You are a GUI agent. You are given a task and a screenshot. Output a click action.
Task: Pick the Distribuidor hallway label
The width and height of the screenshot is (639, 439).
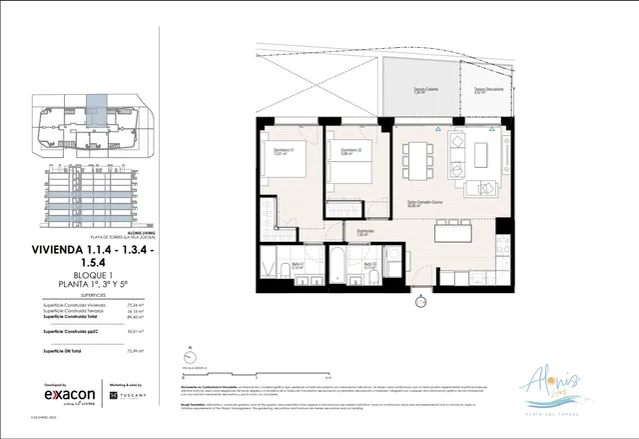pos(364,234)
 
